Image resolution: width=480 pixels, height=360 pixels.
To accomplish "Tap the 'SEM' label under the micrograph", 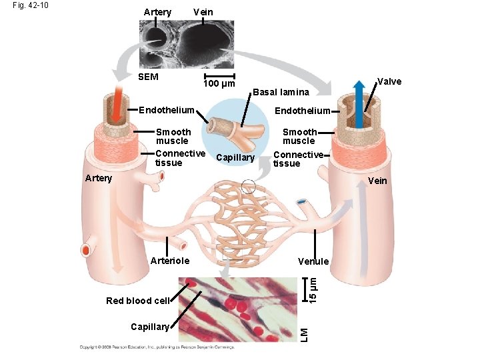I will [x=148, y=77].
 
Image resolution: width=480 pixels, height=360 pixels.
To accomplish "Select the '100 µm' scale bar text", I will [x=219, y=84].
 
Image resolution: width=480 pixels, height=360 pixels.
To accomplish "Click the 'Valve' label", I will [x=389, y=81].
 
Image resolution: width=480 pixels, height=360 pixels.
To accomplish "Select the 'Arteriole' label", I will [x=170, y=261].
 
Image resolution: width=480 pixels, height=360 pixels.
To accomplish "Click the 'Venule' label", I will [x=313, y=261].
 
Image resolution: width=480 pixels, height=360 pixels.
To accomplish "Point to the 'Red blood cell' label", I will [x=137, y=301].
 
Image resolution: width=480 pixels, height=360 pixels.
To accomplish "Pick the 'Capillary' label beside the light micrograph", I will [x=150, y=327].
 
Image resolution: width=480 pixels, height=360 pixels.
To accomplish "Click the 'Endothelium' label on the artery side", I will [x=166, y=110].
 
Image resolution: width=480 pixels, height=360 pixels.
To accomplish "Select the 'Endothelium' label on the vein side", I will [x=303, y=111].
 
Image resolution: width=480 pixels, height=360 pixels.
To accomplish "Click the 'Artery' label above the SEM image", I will [x=157, y=12].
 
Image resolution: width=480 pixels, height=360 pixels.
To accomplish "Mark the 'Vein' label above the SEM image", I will [x=203, y=12].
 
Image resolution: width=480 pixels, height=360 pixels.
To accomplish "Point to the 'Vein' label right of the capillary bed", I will [x=377, y=181].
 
